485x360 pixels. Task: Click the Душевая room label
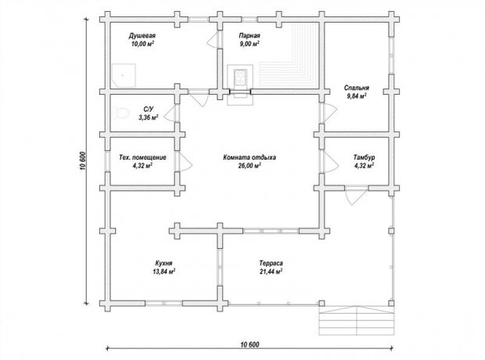coord(142,35)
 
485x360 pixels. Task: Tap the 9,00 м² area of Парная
coord(250,44)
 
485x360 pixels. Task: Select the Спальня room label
coord(357,88)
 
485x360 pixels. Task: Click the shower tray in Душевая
coord(124,76)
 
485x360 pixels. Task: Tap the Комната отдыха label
coord(250,157)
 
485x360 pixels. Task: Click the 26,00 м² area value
coord(250,166)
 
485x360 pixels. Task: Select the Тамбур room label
coord(364,157)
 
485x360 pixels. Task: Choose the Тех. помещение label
coord(142,157)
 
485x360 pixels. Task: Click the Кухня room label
coord(164,263)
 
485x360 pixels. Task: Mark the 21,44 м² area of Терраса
coord(271,272)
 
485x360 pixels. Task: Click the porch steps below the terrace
coord(357,321)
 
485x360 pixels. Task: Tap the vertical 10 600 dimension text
coord(83,161)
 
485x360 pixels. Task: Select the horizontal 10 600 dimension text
coord(250,344)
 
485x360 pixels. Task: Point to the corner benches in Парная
coord(289,55)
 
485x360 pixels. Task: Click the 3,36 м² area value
coord(149,117)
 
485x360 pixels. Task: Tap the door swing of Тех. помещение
coord(184,161)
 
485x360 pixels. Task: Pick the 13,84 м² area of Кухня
coord(164,272)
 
